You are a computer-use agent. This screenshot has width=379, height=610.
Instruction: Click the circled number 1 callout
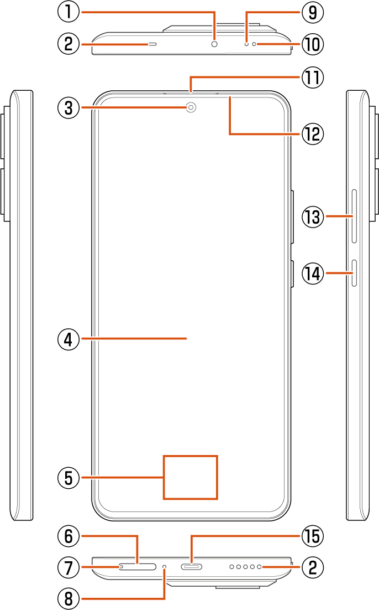click(69, 12)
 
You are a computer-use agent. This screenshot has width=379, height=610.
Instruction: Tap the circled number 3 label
click(69, 108)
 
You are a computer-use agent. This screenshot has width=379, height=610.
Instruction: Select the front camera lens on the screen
click(191, 107)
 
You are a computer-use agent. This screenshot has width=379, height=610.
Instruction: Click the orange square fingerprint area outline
click(190, 477)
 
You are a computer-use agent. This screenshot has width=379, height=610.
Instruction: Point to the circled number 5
click(69, 477)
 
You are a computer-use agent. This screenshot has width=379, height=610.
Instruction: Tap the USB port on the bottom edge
click(192, 567)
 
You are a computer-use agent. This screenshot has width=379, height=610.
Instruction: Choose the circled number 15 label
click(313, 536)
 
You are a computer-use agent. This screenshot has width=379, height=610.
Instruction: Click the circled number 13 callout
click(313, 216)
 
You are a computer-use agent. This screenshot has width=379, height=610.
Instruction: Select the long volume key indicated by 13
click(354, 216)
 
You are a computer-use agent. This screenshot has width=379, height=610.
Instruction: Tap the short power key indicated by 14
click(354, 273)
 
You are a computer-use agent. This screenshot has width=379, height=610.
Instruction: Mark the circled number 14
click(313, 273)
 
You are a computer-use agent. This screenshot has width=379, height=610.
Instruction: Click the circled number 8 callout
click(69, 599)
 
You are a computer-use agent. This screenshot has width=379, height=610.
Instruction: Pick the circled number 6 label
click(69, 536)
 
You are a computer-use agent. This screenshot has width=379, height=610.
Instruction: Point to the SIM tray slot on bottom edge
click(138, 567)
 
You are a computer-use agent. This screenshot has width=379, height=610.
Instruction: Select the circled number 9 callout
click(313, 12)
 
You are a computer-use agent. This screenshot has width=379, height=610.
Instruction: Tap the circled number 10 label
click(313, 44)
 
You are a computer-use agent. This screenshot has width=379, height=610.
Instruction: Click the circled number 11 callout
click(313, 77)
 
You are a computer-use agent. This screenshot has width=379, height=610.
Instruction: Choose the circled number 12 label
click(313, 134)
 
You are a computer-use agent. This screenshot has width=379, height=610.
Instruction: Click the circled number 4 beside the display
click(69, 339)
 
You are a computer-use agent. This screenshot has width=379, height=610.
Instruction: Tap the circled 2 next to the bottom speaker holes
click(313, 567)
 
